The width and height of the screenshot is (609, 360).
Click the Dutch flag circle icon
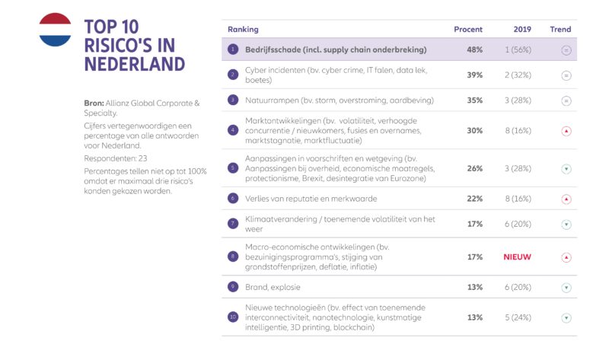pyautogui.click(x=55, y=30)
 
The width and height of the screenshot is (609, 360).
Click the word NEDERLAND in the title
pyautogui.click(x=135, y=64)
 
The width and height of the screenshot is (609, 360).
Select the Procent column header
pyautogui.click(x=468, y=30)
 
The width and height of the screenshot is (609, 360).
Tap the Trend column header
pyautogui.click(x=560, y=30)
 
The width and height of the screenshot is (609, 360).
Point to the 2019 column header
pyautogui.click(x=521, y=30)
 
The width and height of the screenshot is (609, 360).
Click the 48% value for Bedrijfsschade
pyautogui.click(x=474, y=49)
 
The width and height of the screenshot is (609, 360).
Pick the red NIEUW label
pyautogui.click(x=517, y=257)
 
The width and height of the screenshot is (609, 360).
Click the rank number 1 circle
pyautogui.click(x=233, y=49)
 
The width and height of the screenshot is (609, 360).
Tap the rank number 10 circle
pyautogui.click(x=233, y=317)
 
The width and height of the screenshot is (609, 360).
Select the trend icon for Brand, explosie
pyautogui.click(x=566, y=288)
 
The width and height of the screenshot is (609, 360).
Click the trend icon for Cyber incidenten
pyautogui.click(x=566, y=75)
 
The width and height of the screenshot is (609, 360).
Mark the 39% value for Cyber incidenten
pyautogui.click(x=474, y=75)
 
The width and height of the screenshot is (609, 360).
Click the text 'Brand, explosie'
pyautogui.click(x=273, y=288)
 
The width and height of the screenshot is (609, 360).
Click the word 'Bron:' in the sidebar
pyautogui.click(x=95, y=104)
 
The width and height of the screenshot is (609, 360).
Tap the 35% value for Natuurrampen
pyautogui.click(x=474, y=100)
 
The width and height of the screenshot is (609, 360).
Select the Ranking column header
pyautogui.click(x=243, y=30)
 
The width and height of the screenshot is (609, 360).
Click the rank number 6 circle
pyautogui.click(x=233, y=199)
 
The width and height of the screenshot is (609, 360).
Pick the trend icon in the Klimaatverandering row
pyautogui.click(x=566, y=225)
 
